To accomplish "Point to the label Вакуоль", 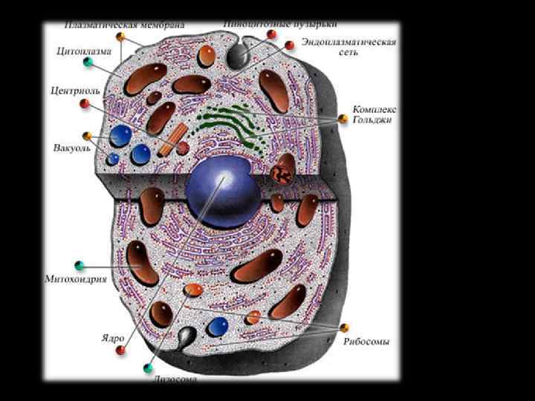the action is pyautogui.click(x=72, y=147).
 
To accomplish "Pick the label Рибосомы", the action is pyautogui.click(x=366, y=342).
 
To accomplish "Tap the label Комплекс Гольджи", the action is pyautogui.click(x=373, y=114).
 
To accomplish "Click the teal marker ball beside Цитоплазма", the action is pyautogui.click(x=88, y=62).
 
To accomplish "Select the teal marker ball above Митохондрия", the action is pyautogui.click(x=80, y=265).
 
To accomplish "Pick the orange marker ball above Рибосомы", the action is pyautogui.click(x=344, y=327).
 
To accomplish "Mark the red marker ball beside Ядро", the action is pyautogui.click(x=120, y=350).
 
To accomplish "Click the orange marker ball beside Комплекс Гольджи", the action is pyautogui.click(x=343, y=119).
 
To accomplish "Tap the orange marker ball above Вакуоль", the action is pyautogui.click(x=87, y=136).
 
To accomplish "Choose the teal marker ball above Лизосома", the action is pyautogui.click(x=149, y=368).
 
